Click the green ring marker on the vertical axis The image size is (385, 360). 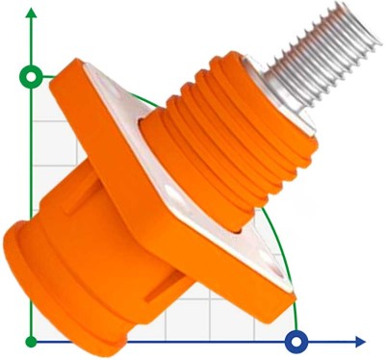32,75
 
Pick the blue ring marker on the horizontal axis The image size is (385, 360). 297,341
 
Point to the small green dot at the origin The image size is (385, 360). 32,341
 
